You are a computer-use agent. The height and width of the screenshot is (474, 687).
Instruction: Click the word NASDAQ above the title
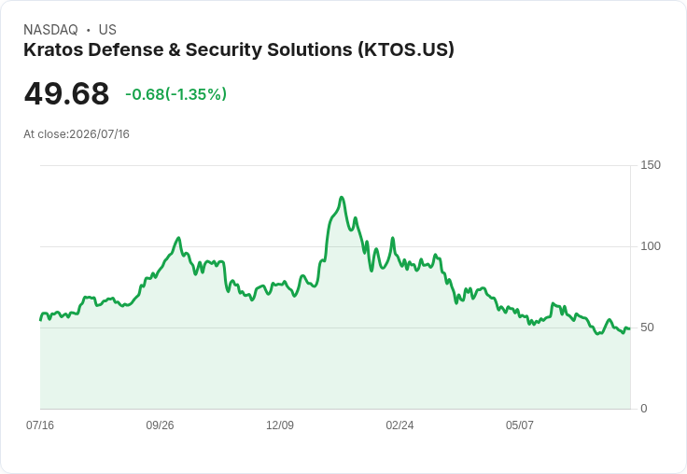pos(50,30)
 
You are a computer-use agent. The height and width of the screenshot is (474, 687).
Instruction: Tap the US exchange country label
pos(107,30)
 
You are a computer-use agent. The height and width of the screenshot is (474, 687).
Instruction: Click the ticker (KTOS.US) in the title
pos(406,49)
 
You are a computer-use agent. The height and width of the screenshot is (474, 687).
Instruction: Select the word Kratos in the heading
pos(53,49)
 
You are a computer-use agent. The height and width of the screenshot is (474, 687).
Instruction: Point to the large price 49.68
pos(66,93)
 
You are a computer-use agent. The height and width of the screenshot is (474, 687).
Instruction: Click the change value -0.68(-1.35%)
pos(175,94)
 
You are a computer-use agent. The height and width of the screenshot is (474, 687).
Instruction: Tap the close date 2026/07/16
pos(100,134)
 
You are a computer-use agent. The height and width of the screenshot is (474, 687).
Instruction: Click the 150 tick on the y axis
pos(651,165)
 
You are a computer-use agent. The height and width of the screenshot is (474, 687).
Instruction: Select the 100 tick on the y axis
pos(651,246)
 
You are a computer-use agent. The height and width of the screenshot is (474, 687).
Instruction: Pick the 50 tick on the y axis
pos(647,328)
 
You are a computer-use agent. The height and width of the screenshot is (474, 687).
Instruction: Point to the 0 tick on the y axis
pos(644,409)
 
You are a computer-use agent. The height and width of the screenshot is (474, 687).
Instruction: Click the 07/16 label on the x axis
pos(40,425)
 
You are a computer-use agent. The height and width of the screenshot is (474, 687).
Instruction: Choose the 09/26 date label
pos(160,425)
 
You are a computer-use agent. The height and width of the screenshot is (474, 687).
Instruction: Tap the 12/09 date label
pos(280,425)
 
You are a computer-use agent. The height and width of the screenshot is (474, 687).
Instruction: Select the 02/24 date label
pos(400,425)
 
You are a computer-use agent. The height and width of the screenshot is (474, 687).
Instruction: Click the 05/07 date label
pos(520,425)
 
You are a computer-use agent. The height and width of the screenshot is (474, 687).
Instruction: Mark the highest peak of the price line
pos(342,198)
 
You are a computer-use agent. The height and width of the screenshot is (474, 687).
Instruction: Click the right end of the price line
pos(630,328)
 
